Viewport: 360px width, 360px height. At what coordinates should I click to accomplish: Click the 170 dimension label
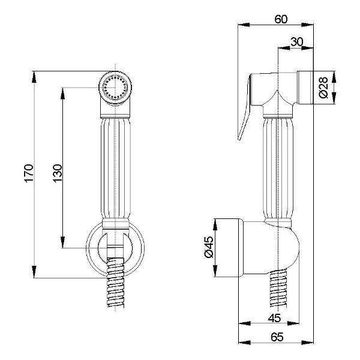pyautogui.click(x=29, y=173)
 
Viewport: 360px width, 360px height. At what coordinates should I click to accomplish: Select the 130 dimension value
pyautogui.click(x=58, y=173)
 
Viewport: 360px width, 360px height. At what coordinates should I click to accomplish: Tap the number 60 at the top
pyautogui.click(x=281, y=19)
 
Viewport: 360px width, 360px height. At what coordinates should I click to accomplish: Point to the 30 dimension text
pyautogui.click(x=296, y=42)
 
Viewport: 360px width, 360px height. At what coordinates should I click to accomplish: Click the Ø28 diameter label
pyautogui.click(x=323, y=87)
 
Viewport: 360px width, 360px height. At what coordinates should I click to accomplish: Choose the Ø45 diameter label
pyautogui.click(x=209, y=247)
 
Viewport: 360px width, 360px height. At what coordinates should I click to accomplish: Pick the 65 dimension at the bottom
pyautogui.click(x=277, y=337)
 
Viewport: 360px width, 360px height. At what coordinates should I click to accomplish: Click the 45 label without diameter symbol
pyautogui.click(x=274, y=318)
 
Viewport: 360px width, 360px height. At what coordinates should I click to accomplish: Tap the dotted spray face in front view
pyautogui.click(x=115, y=88)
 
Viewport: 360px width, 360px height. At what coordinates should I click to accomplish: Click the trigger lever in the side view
pyautogui.click(x=245, y=107)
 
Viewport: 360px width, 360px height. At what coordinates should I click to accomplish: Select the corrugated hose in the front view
pyautogui.click(x=115, y=283)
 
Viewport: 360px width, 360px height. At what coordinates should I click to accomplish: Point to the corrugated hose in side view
pyautogui.click(x=278, y=288)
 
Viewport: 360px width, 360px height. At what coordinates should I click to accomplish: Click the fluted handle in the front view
pyautogui.click(x=115, y=168)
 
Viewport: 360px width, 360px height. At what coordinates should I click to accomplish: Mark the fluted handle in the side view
pyautogui.click(x=278, y=169)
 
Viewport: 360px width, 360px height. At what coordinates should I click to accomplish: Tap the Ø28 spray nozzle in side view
pyautogui.click(x=305, y=88)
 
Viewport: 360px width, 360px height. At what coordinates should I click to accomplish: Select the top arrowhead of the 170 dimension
pyautogui.click(x=34, y=77)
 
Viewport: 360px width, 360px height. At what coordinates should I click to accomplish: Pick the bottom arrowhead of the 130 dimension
pyautogui.click(x=62, y=242)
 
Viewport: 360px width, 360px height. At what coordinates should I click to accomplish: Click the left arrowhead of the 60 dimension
pyautogui.click(x=244, y=25)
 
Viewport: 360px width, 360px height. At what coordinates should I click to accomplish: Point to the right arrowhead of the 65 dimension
pyautogui.click(x=308, y=343)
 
